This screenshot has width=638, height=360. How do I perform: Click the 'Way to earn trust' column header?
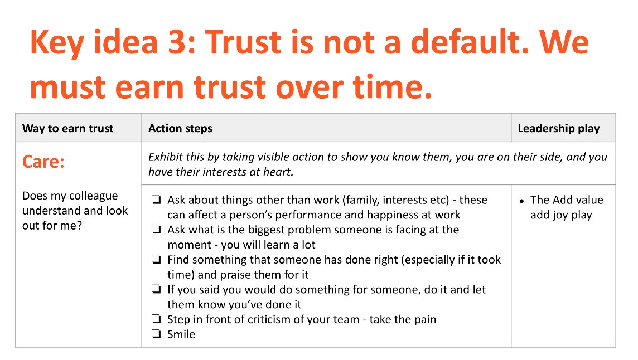click(x=67, y=129)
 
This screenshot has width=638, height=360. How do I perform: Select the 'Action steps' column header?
click(x=180, y=129)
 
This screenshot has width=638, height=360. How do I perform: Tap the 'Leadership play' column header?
click(x=558, y=129)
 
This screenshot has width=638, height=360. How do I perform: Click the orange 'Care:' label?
click(x=43, y=162)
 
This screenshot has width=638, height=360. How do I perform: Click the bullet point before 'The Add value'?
click(x=521, y=201)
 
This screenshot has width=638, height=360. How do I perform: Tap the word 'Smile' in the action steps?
click(x=181, y=334)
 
